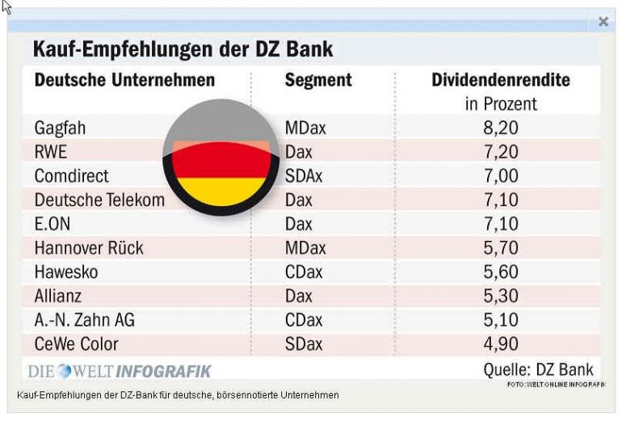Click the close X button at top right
click(603, 22)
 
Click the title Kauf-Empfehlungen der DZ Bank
click(183, 49)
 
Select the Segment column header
click(318, 80)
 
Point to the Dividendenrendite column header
click(501, 80)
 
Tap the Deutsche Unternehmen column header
click(124, 80)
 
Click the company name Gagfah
click(60, 128)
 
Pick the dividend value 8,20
click(501, 128)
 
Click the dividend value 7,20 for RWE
click(501, 152)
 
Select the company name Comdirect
click(71, 175)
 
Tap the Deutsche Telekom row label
click(99, 200)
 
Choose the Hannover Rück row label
click(89, 248)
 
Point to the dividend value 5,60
click(501, 272)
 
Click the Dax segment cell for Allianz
click(299, 296)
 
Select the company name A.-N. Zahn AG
click(85, 320)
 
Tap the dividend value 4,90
click(501, 344)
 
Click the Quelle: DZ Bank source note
click(538, 369)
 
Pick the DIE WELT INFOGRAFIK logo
click(120, 371)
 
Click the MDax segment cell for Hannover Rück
click(305, 248)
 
